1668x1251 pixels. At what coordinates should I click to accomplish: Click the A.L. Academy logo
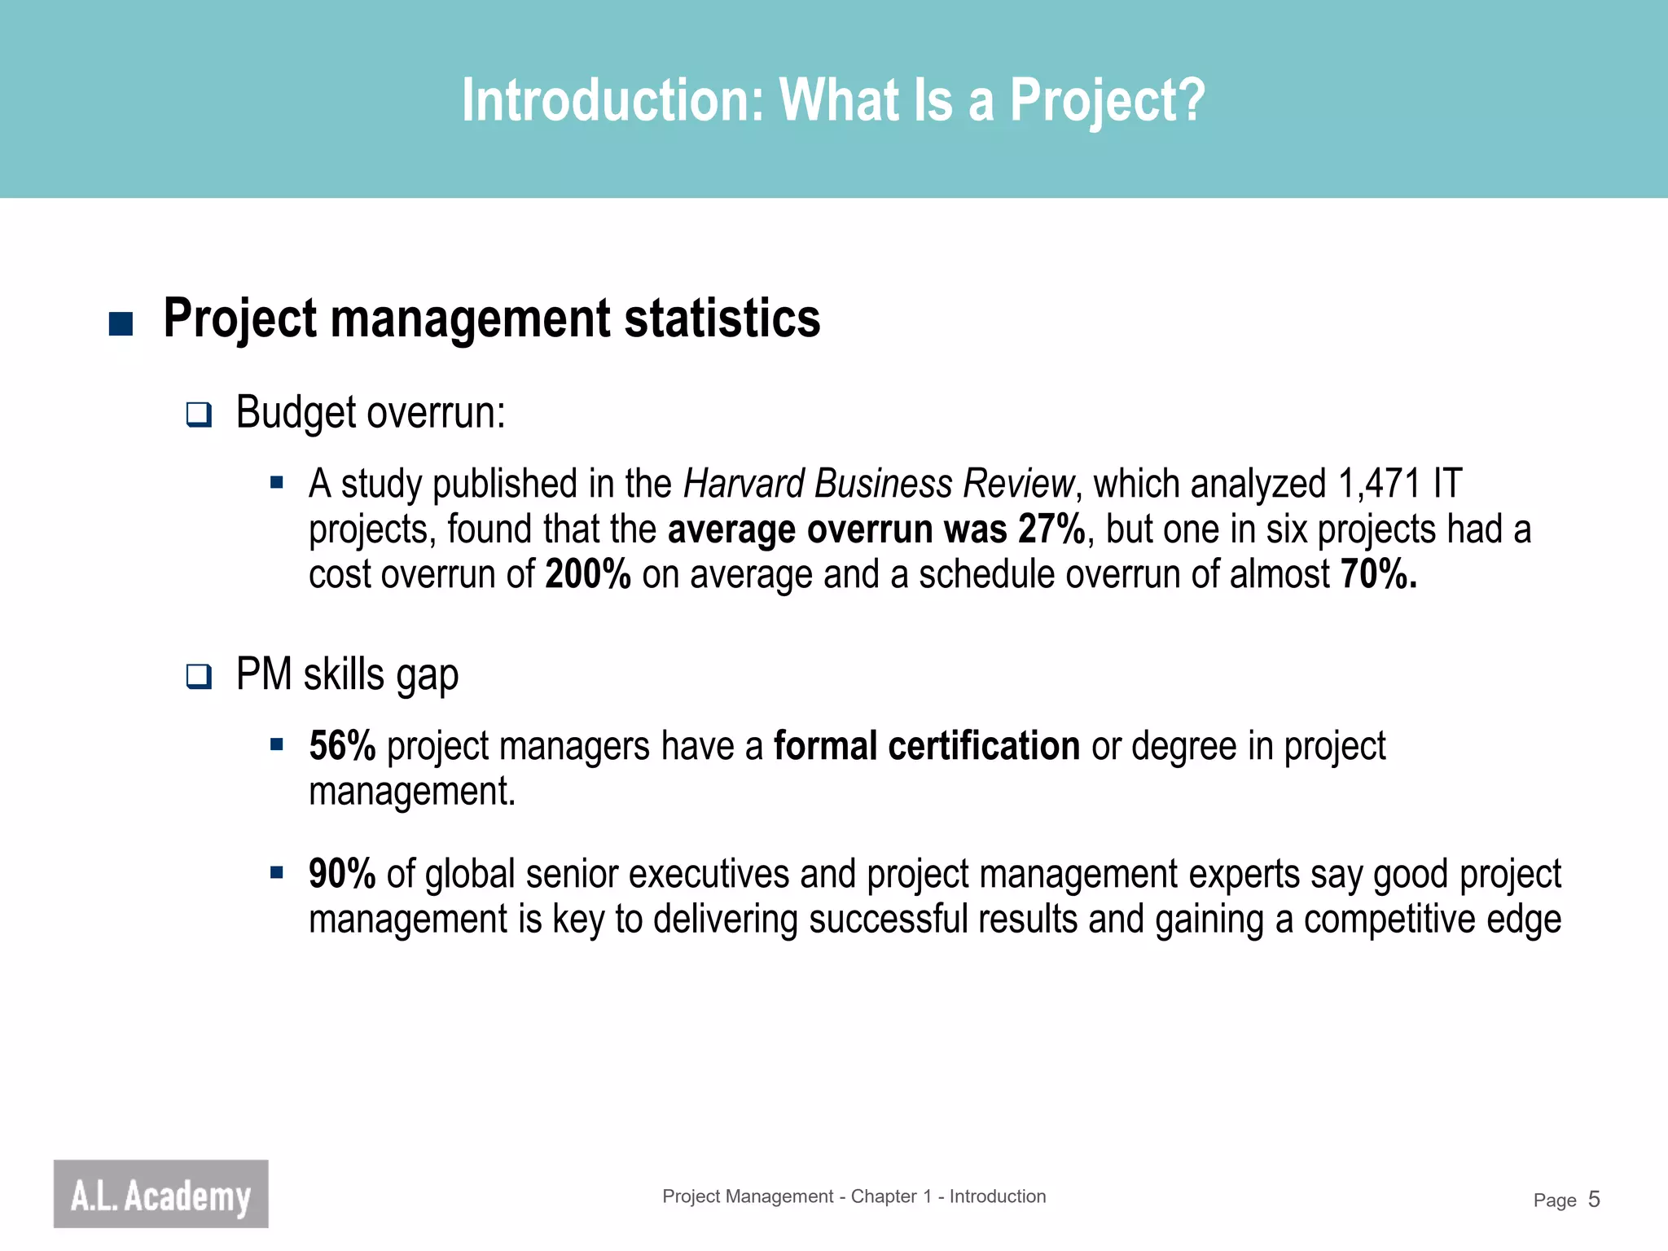160,1193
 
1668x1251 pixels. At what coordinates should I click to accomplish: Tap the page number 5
1594,1199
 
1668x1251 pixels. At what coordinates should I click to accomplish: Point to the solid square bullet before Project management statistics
121,323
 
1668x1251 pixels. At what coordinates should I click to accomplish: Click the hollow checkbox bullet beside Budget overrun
199,415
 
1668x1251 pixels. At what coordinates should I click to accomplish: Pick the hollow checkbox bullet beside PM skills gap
199,676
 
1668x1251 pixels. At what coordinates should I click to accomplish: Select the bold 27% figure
1051,529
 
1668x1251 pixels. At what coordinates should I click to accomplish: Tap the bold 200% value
588,574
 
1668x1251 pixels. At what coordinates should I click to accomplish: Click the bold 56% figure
342,746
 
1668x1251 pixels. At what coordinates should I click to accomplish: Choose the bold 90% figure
342,874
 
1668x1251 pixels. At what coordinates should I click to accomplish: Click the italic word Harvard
744,484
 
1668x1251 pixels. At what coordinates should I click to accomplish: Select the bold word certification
984,746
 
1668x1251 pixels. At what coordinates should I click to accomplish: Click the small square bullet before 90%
277,873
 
